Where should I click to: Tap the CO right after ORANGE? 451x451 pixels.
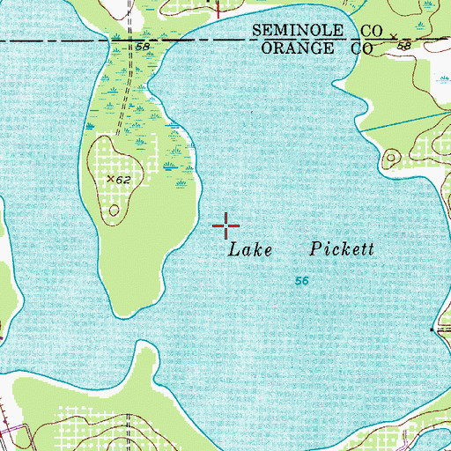click(x=361, y=50)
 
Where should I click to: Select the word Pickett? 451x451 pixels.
click(x=343, y=249)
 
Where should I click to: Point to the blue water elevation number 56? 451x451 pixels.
click(x=300, y=280)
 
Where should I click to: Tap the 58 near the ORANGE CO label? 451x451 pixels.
click(x=404, y=44)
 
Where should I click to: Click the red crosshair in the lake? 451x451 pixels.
click(x=226, y=225)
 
